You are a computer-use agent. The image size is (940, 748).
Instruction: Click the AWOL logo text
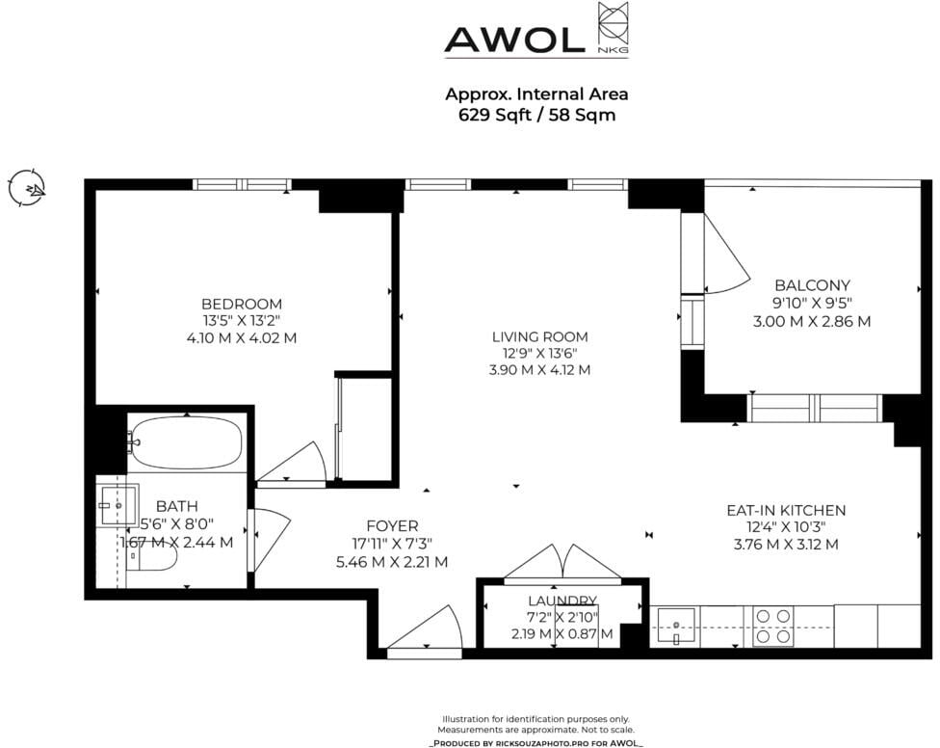click(514, 40)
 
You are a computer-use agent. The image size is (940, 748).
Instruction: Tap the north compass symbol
click(27, 188)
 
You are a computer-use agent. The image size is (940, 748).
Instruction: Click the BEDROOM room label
click(242, 305)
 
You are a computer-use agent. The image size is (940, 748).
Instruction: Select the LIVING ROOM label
click(539, 337)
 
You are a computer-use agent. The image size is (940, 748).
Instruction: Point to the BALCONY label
click(812, 285)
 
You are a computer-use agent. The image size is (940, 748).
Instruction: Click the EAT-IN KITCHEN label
click(786, 511)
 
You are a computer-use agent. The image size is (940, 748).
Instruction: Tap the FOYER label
click(392, 526)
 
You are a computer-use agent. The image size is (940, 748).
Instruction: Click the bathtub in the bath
click(187, 442)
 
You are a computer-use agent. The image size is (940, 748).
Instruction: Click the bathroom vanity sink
click(118, 506)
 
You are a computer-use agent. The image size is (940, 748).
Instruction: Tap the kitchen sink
click(676, 627)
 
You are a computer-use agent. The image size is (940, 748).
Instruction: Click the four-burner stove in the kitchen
click(772, 627)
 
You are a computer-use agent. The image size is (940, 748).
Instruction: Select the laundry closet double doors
click(562, 565)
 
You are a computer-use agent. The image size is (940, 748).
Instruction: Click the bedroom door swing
click(292, 463)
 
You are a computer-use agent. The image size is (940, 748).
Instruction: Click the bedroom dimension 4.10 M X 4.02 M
click(242, 337)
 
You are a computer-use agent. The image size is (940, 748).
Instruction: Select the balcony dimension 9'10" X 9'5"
click(812, 303)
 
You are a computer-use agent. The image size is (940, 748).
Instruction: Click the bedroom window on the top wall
click(242, 184)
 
